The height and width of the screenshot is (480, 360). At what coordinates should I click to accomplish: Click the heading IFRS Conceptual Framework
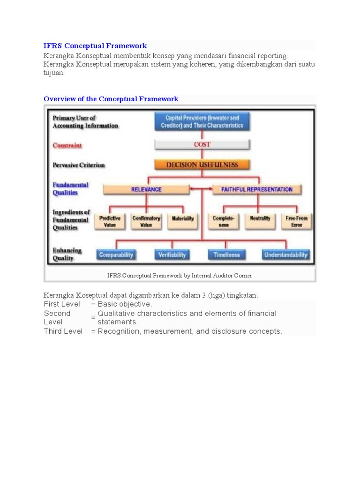pyautogui.click(x=95, y=46)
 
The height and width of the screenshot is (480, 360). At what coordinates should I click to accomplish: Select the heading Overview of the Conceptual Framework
pyautogui.click(x=111, y=99)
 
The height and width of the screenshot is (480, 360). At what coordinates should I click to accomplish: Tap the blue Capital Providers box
pyautogui.click(x=202, y=122)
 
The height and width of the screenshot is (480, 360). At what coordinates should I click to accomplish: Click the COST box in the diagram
pyautogui.click(x=202, y=145)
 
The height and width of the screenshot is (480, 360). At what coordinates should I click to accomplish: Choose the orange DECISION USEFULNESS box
pyautogui.click(x=202, y=165)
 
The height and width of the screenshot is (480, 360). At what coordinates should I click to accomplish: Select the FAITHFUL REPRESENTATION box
pyautogui.click(x=256, y=189)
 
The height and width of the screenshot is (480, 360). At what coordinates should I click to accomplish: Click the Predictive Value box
pyautogui.click(x=110, y=221)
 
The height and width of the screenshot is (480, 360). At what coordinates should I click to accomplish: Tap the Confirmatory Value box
pyautogui.click(x=146, y=221)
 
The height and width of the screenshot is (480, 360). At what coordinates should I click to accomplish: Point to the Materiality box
pyautogui.click(x=182, y=219)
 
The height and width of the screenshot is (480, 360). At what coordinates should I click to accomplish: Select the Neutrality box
pyautogui.click(x=260, y=219)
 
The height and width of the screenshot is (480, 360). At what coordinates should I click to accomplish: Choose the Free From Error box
pyautogui.click(x=296, y=221)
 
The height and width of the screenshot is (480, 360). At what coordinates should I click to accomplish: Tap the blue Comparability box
pyautogui.click(x=116, y=255)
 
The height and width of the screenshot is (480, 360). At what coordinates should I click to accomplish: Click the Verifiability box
pyautogui.click(x=172, y=255)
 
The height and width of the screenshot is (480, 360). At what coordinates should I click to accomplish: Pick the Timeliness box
pyautogui.click(x=226, y=255)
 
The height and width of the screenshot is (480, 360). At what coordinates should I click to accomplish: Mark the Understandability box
pyautogui.click(x=285, y=255)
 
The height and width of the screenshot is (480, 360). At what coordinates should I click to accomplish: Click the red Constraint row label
pyautogui.click(x=67, y=145)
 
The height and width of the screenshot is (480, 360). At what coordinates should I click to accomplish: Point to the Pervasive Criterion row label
pyautogui.click(x=79, y=165)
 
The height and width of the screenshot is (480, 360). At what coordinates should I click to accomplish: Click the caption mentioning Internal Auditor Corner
pyautogui.click(x=180, y=276)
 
